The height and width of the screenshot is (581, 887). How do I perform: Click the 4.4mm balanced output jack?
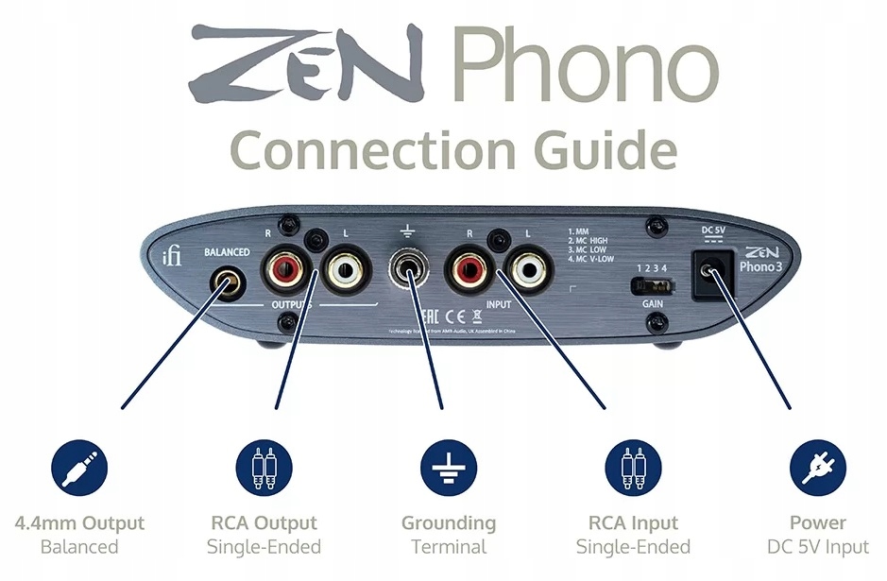227,282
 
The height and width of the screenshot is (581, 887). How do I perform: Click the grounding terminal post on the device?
408,270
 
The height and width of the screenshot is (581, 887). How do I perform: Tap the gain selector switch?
652,284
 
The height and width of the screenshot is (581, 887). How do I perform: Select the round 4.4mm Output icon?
78,470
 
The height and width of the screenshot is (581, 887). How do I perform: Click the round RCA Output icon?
264,470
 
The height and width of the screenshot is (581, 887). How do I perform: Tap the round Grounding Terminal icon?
448,470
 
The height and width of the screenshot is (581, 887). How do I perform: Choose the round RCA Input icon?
633,470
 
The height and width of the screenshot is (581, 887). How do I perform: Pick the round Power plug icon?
817,470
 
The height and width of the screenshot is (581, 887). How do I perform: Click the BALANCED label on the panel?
227,252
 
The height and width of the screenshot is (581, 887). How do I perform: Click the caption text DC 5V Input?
818,546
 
